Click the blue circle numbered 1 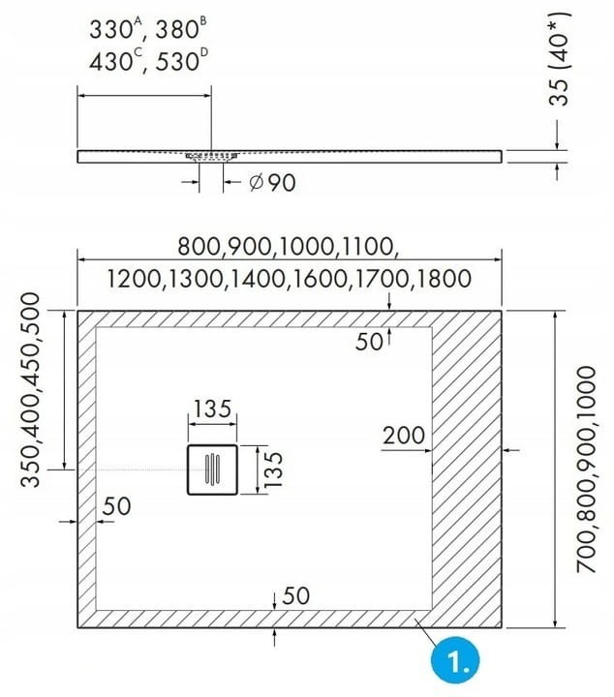pyautogui.click(x=455, y=660)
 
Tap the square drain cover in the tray pyautogui.click(x=212, y=470)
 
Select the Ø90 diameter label pyautogui.click(x=272, y=183)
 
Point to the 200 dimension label pyautogui.click(x=404, y=436)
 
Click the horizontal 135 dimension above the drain pyautogui.click(x=212, y=409)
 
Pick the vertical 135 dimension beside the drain pyautogui.click(x=273, y=470)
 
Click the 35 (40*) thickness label pyautogui.click(x=559, y=58)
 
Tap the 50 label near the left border pyautogui.click(x=116, y=506)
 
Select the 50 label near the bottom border pyautogui.click(x=295, y=596)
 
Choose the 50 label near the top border pyautogui.click(x=369, y=342)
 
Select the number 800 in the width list pyautogui.click(x=199, y=247)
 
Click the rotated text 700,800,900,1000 pyautogui.click(x=587, y=470)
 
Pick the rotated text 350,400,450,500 pyautogui.click(x=31, y=389)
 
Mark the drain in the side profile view pyautogui.click(x=212, y=157)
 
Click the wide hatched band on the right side pyautogui.click(x=467, y=469)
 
